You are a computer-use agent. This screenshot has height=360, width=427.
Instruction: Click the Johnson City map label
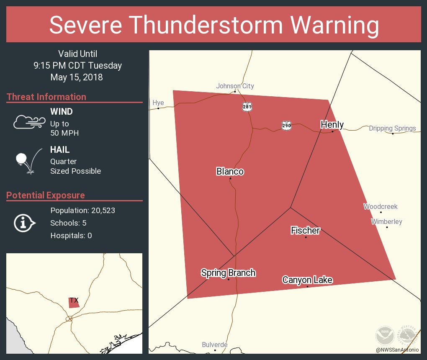(x=235, y=86)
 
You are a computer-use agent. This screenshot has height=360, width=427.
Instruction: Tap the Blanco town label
(x=230, y=172)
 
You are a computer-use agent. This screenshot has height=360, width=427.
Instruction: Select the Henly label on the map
(x=332, y=124)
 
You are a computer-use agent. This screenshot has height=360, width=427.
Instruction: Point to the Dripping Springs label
(x=392, y=129)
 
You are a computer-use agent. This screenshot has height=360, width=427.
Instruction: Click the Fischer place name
(x=305, y=230)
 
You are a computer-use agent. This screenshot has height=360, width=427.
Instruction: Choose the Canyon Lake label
(x=307, y=280)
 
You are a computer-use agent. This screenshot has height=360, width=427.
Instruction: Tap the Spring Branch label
(x=228, y=273)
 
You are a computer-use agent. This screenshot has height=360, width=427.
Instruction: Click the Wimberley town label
(x=386, y=222)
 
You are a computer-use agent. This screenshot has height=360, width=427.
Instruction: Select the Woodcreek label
(x=380, y=207)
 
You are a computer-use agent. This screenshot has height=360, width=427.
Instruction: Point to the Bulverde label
(x=215, y=345)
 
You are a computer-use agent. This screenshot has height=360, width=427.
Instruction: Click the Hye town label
(x=158, y=103)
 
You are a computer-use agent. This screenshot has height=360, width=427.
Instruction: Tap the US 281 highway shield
(x=247, y=107)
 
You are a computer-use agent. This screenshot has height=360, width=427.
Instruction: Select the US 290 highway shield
(x=286, y=126)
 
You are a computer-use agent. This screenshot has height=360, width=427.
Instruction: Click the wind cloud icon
(x=29, y=122)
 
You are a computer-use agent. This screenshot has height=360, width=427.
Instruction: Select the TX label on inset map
(x=74, y=300)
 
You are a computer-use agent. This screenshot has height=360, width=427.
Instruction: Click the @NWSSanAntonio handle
(x=397, y=350)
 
